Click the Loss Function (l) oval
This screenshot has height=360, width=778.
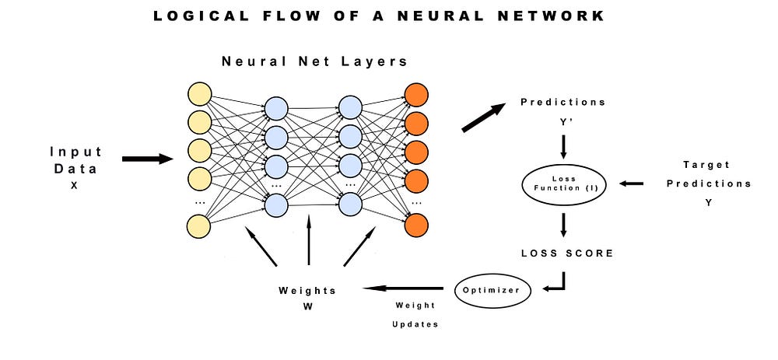point(562,183)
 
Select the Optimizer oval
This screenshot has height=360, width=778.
point(492,289)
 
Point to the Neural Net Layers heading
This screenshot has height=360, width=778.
point(314,61)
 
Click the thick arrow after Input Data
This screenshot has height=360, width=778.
point(147,159)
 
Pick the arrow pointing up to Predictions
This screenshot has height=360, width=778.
point(482,118)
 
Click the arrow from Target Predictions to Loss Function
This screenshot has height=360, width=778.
point(631,183)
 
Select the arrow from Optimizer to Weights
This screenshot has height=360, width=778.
point(401,288)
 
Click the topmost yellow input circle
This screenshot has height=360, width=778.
point(200,96)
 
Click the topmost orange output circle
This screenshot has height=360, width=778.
point(416,96)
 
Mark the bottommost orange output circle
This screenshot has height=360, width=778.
point(416,225)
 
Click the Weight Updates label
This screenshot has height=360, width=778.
point(415,315)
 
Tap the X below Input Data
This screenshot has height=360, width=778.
point(75,187)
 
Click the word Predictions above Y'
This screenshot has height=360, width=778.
point(562,103)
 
